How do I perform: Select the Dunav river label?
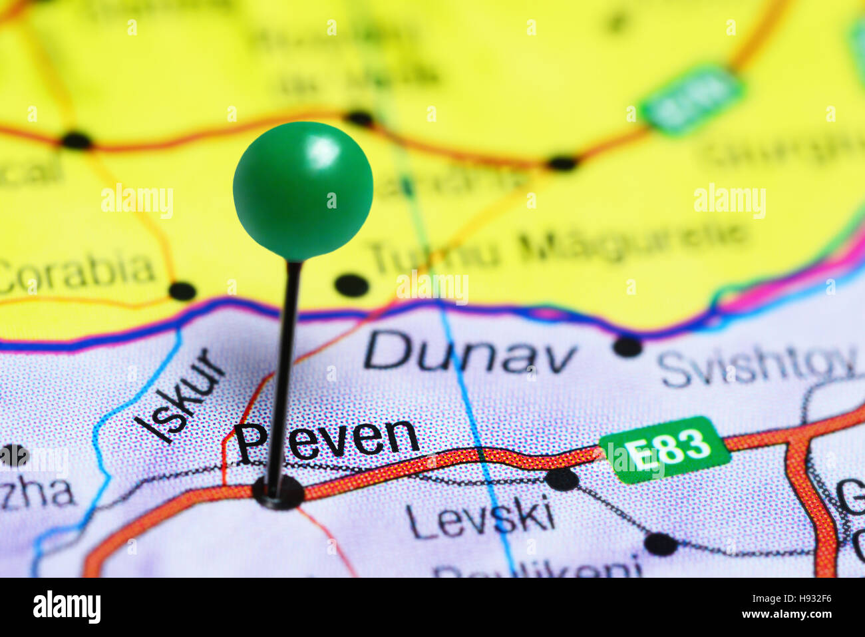click(470, 352)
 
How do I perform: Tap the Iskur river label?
click(179, 397)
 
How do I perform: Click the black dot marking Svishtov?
click(627, 346)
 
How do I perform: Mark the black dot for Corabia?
click(182, 291)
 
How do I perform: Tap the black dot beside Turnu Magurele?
click(351, 285)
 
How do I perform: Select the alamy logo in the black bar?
click(67, 607)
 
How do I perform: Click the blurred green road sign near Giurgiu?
click(692, 100)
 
